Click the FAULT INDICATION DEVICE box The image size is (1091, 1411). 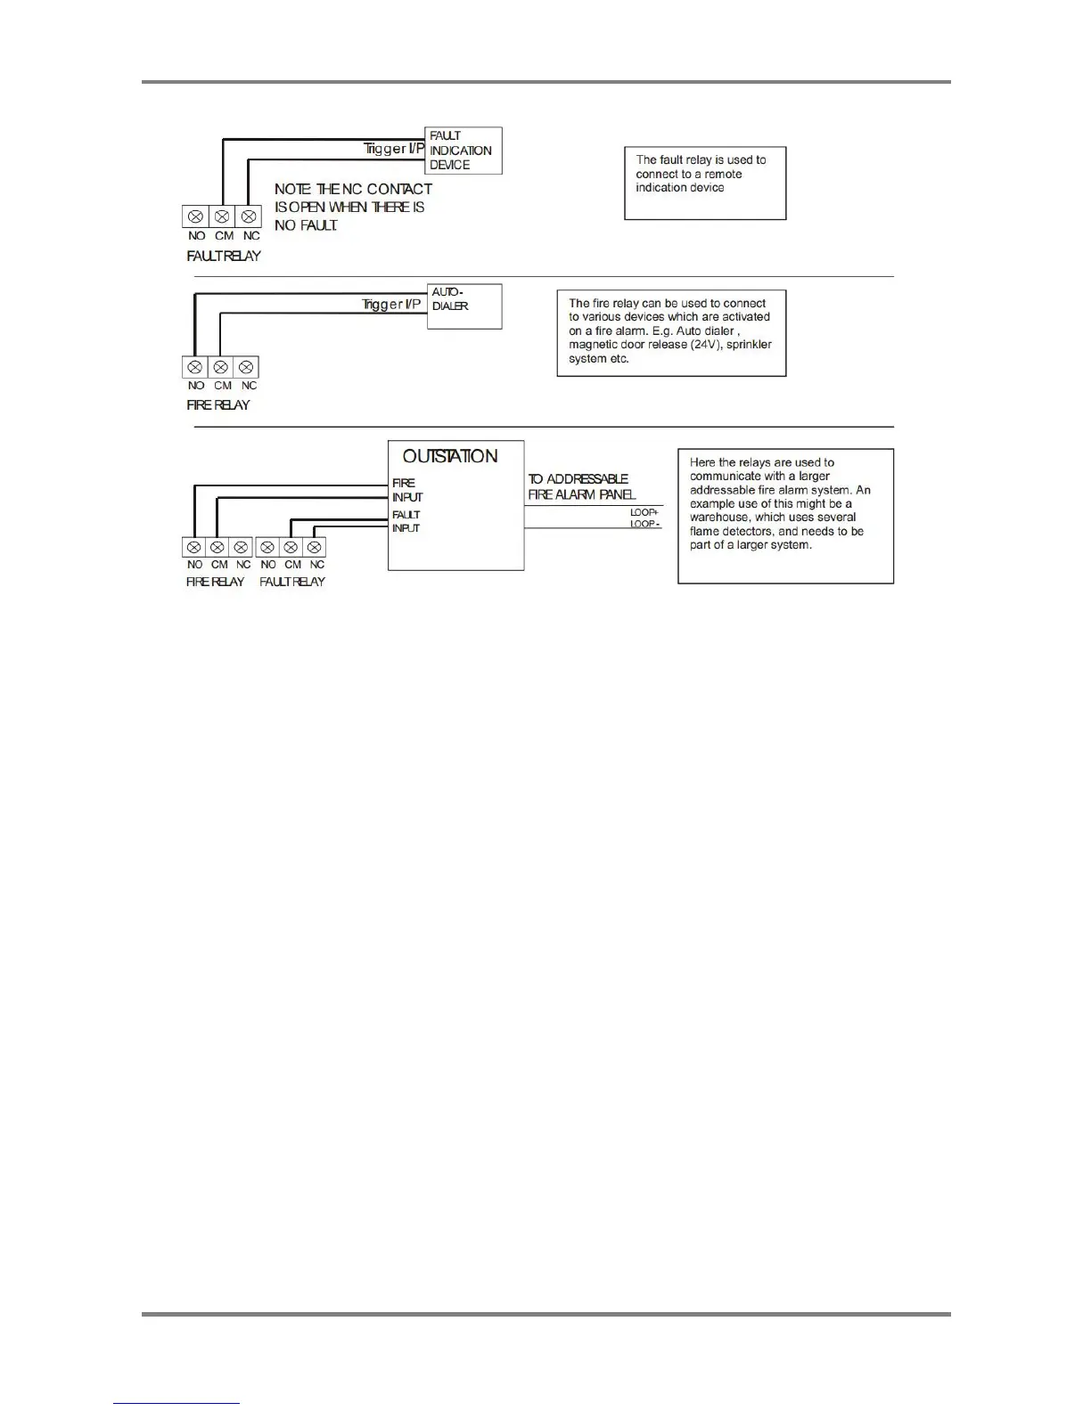[463, 151]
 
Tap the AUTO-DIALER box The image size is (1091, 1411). [464, 306]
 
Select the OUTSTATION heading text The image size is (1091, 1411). [450, 456]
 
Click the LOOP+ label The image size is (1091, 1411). [644, 512]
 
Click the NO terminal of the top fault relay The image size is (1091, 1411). [195, 216]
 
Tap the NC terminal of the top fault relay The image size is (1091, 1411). [249, 216]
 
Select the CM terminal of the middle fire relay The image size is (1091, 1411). [221, 367]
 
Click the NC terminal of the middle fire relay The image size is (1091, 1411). [247, 367]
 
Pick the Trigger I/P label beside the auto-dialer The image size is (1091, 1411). [391, 305]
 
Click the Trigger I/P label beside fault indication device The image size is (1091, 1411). [393, 149]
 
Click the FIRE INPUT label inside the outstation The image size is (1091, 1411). [406, 490]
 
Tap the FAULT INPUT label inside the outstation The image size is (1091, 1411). [406, 521]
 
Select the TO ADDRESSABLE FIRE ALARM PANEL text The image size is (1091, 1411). [581, 486]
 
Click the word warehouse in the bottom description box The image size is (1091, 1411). [721, 518]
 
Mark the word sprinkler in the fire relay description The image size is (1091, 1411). [749, 345]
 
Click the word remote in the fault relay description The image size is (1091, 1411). [723, 175]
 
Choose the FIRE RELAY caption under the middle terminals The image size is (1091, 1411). [218, 404]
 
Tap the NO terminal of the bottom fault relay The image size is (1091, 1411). [267, 547]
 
